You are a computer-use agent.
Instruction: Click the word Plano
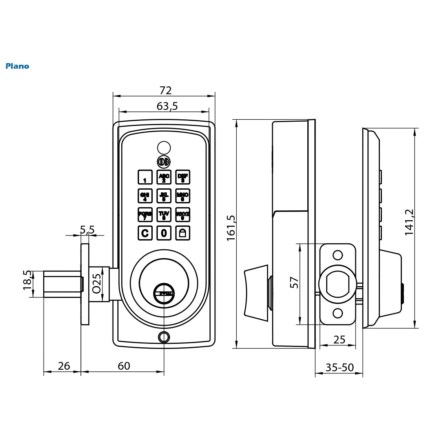coord(17,66)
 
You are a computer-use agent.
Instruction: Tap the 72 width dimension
coord(166,90)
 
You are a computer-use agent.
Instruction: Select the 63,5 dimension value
coord(167,106)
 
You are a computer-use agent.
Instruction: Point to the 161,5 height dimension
coord(230,228)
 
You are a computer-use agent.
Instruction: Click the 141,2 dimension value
coord(409,222)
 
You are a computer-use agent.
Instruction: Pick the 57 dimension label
coord(294,283)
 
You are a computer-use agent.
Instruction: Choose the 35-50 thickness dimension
coord(340,368)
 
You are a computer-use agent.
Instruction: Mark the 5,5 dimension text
coord(87,230)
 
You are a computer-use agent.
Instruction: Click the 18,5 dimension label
coord(27,280)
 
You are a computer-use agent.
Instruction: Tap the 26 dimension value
coord(64,366)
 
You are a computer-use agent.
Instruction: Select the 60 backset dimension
coord(124,366)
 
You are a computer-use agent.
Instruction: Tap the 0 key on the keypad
coord(164,233)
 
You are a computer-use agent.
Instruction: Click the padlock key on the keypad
coord(183,233)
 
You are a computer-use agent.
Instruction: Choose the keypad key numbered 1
coord(145,177)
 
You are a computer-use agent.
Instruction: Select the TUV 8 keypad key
coord(164,215)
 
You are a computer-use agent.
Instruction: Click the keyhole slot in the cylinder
coord(164,293)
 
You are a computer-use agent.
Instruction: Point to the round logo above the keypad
coord(163,161)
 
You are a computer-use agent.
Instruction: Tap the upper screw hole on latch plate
coord(337,255)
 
